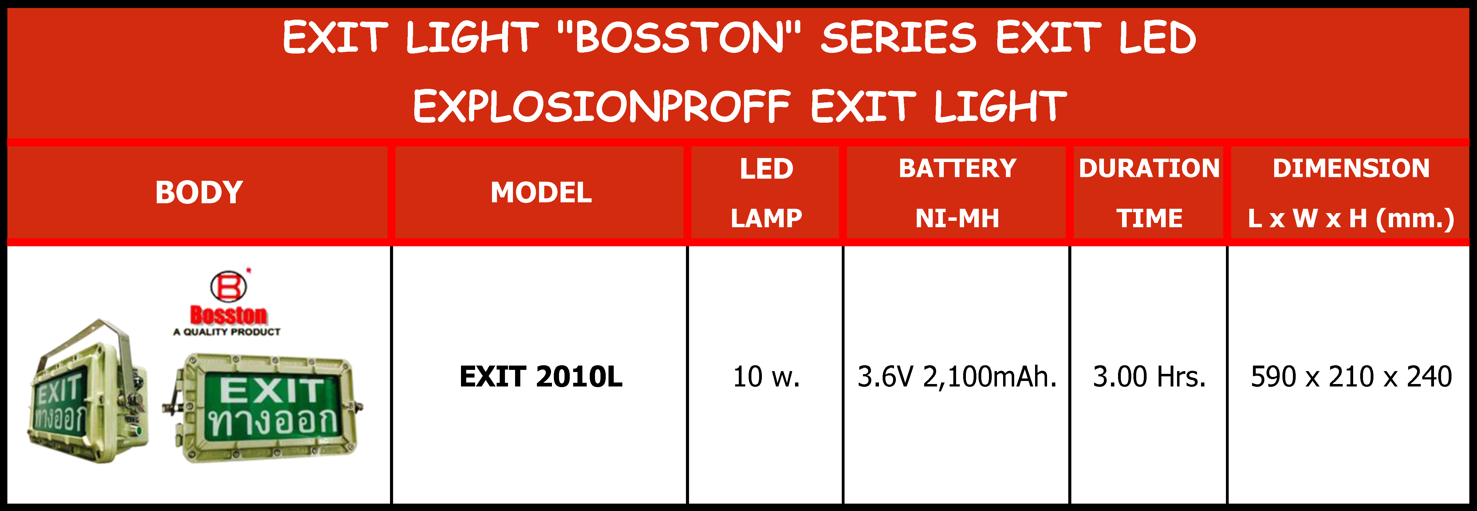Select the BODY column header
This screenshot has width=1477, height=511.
pyautogui.click(x=199, y=192)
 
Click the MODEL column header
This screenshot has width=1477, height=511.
pyautogui.click(x=541, y=192)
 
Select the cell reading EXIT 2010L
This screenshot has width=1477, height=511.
pyautogui.click(x=541, y=377)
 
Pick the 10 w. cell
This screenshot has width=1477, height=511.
pyautogui.click(x=766, y=377)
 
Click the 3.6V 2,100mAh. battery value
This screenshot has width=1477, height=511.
pyautogui.click(x=956, y=377)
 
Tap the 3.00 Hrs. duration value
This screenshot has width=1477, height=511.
pyautogui.click(x=1149, y=377)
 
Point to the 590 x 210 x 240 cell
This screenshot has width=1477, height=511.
pyautogui.click(x=1351, y=377)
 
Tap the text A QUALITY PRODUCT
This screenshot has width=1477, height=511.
pyautogui.click(x=227, y=332)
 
